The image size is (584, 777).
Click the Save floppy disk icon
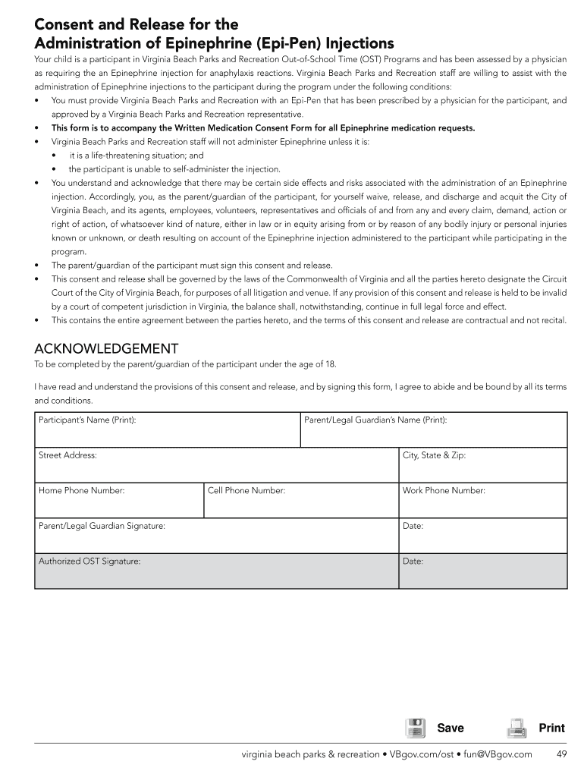(415, 728)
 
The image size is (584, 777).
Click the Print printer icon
(516, 728)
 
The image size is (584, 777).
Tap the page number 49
(561, 754)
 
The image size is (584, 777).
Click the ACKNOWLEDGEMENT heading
(106, 348)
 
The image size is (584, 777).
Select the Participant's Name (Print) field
(167, 430)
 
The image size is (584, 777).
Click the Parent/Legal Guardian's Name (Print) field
(433, 430)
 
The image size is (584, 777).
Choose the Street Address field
(216, 465)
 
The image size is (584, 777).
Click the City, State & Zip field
(482, 465)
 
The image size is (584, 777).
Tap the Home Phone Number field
(119, 501)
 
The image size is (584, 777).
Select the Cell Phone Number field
(301, 501)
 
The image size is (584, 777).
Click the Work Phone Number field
(482, 501)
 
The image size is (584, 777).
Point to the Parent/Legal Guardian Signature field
(216, 536)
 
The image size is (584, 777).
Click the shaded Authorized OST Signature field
(216, 571)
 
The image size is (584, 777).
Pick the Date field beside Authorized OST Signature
(482, 571)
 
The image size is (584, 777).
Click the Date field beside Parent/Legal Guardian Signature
(482, 536)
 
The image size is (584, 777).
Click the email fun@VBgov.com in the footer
(498, 754)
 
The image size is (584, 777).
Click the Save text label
(451, 728)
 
